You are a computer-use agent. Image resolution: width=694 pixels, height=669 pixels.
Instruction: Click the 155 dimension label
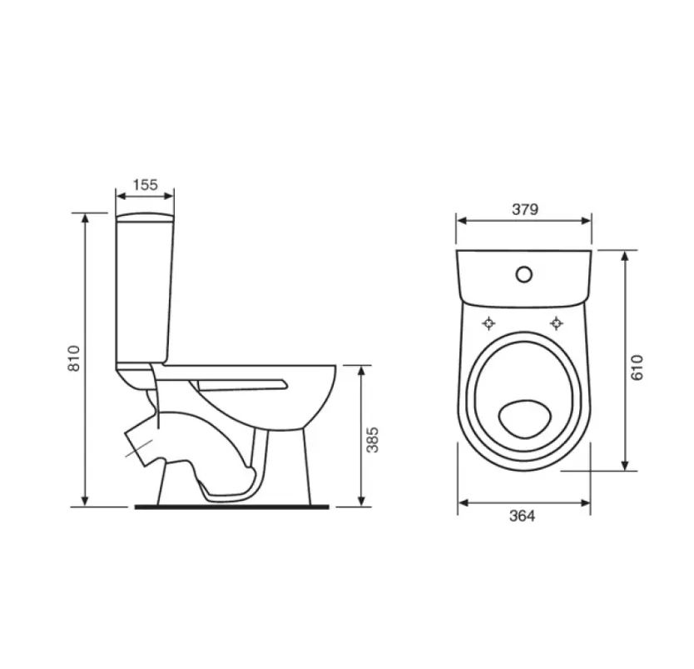[145, 184]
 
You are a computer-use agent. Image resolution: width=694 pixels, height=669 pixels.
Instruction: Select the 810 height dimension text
[74, 358]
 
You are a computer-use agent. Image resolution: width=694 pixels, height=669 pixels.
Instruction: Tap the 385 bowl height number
[373, 440]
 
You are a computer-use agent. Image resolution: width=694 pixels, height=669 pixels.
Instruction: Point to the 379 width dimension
[525, 209]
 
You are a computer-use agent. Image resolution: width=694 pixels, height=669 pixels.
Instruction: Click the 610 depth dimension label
[637, 367]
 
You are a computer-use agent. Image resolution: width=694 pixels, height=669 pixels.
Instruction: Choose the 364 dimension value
[523, 517]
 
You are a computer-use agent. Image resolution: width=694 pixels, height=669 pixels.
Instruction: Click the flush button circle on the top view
[524, 275]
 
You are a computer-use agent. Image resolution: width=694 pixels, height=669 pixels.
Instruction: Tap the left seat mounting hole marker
[488, 323]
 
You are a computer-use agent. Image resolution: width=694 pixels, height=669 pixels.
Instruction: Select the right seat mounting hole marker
[557, 323]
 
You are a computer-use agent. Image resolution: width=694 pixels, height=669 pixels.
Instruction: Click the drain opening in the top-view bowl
[525, 419]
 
